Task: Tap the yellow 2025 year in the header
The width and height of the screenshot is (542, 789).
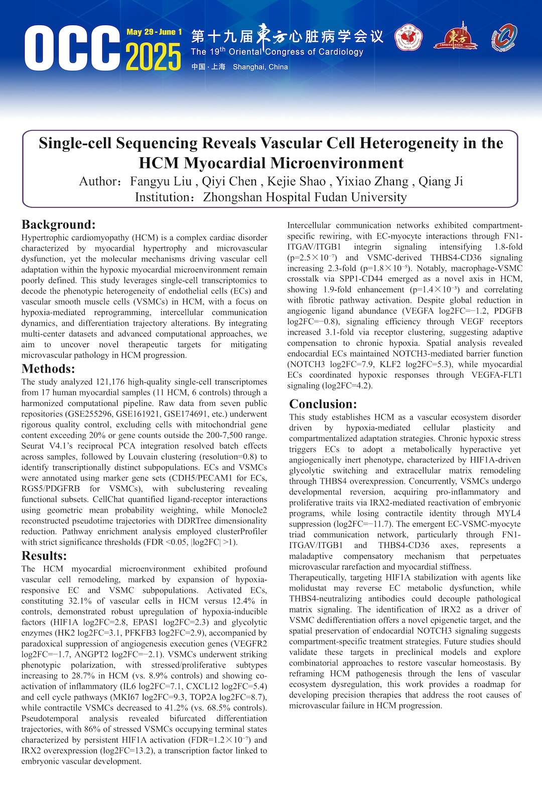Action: point(153,57)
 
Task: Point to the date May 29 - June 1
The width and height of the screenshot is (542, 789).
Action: point(154,32)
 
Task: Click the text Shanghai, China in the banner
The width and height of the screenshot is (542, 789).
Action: point(260,67)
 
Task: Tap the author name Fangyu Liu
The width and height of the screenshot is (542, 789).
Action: point(161,181)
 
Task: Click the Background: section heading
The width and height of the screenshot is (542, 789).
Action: point(58,224)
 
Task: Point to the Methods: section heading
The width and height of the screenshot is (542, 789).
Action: point(48,368)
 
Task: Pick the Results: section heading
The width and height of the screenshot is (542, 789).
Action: point(44,555)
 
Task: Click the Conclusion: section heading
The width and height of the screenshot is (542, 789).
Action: point(323,404)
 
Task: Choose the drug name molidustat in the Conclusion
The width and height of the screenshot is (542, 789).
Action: point(308,588)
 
